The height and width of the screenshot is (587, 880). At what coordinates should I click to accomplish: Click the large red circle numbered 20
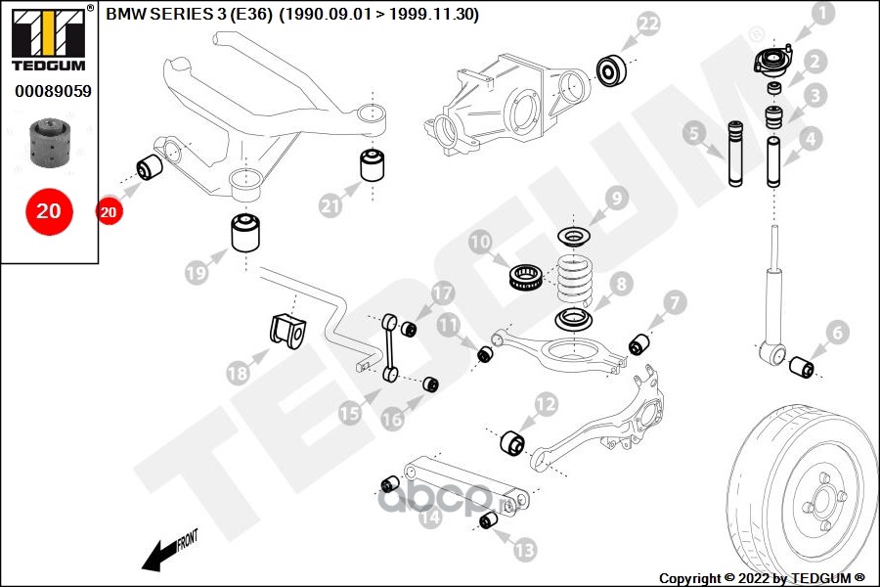(x=49, y=211)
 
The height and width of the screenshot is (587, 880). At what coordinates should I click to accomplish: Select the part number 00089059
(x=53, y=91)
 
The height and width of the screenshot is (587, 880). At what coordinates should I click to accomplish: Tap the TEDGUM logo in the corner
(x=49, y=38)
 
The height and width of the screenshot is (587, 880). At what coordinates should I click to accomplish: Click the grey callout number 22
(x=648, y=24)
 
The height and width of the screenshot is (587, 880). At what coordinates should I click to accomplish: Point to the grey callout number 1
(x=823, y=14)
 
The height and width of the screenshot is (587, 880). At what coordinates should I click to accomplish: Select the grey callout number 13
(x=525, y=550)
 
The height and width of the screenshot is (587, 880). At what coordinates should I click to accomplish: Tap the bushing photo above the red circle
(x=48, y=143)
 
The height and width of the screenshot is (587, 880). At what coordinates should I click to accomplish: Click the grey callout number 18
(x=238, y=373)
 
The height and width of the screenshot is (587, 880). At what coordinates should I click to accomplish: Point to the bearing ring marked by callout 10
(x=525, y=278)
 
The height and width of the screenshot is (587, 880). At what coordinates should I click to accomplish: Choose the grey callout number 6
(x=837, y=333)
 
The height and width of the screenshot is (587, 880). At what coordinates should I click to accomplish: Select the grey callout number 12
(x=545, y=404)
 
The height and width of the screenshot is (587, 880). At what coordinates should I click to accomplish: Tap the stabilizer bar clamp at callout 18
(x=287, y=332)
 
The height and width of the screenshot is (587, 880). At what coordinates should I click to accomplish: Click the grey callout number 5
(x=694, y=134)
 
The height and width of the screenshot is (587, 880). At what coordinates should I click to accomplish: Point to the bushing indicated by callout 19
(x=245, y=232)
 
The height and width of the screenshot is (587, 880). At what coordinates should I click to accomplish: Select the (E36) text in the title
(x=251, y=14)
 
